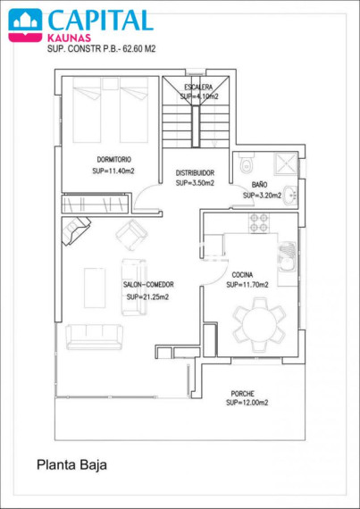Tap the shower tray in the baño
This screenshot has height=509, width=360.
pos(286,163)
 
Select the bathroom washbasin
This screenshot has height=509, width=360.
pos(290,196)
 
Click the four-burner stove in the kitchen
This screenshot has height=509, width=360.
pos(259,222)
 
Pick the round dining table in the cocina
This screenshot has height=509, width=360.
pos(259,324)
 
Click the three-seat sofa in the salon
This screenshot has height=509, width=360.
pos(94,337)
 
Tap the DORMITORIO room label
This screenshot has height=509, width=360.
pos(114,159)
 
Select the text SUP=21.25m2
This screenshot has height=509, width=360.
pos(147,296)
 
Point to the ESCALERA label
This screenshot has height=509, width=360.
pos(198,87)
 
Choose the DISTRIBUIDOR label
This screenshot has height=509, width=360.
pos(195,172)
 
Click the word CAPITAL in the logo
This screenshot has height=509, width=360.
pos(100,21)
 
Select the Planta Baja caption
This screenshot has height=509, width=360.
pos(71,465)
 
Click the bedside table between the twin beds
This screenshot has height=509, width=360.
pos(109,83)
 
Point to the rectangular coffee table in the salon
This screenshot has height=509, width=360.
pos(95,288)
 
